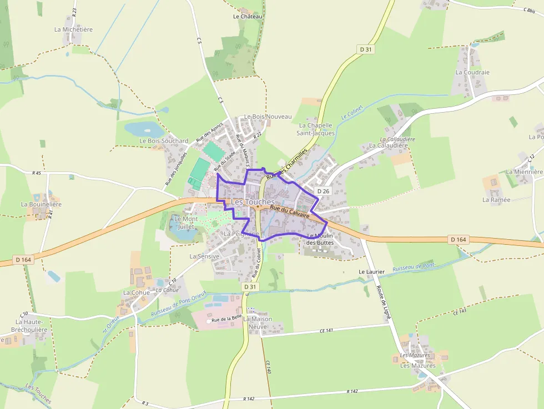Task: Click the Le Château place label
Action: point(248,17)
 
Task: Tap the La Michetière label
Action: point(73,29)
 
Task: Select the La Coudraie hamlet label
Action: point(472,72)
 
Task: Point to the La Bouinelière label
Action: point(41,204)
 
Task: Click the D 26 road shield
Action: point(323,191)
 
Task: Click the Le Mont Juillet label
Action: point(186,223)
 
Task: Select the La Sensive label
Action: point(204,256)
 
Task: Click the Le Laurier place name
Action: point(372,271)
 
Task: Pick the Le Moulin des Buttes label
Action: point(319,239)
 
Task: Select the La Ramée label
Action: point(496,199)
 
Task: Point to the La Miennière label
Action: point(524,172)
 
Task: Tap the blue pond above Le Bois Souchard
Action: point(144,129)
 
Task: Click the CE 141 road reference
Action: point(326,330)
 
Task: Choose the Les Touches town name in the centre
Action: point(253,203)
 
